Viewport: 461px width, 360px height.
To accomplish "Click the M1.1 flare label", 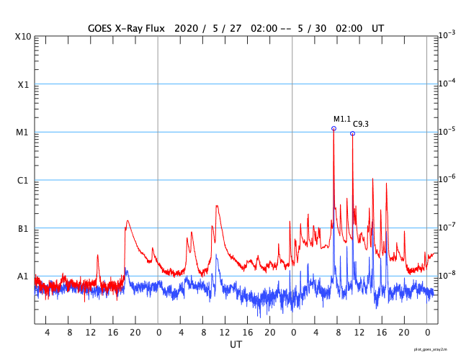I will click(x=341, y=119).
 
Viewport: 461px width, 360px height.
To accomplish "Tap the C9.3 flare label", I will click(x=360, y=125).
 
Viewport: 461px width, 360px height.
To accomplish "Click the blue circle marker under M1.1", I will click(x=334, y=129).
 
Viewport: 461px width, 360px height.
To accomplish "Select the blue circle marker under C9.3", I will click(x=352, y=133).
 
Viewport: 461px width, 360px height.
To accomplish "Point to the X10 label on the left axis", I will click(x=23, y=36).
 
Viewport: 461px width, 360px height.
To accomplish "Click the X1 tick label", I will click(x=23, y=84).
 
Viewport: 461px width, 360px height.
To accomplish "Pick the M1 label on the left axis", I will click(x=23, y=132).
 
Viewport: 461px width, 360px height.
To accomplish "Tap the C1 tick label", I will click(x=23, y=181).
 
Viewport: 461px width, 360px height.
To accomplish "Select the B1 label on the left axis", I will click(x=23, y=229).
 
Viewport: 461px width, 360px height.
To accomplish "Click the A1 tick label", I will click(x=23, y=276).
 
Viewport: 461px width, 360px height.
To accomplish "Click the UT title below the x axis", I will click(x=236, y=345).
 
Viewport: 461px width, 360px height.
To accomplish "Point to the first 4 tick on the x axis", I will click(x=48, y=333).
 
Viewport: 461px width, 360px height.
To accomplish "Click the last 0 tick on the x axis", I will click(x=427, y=333).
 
